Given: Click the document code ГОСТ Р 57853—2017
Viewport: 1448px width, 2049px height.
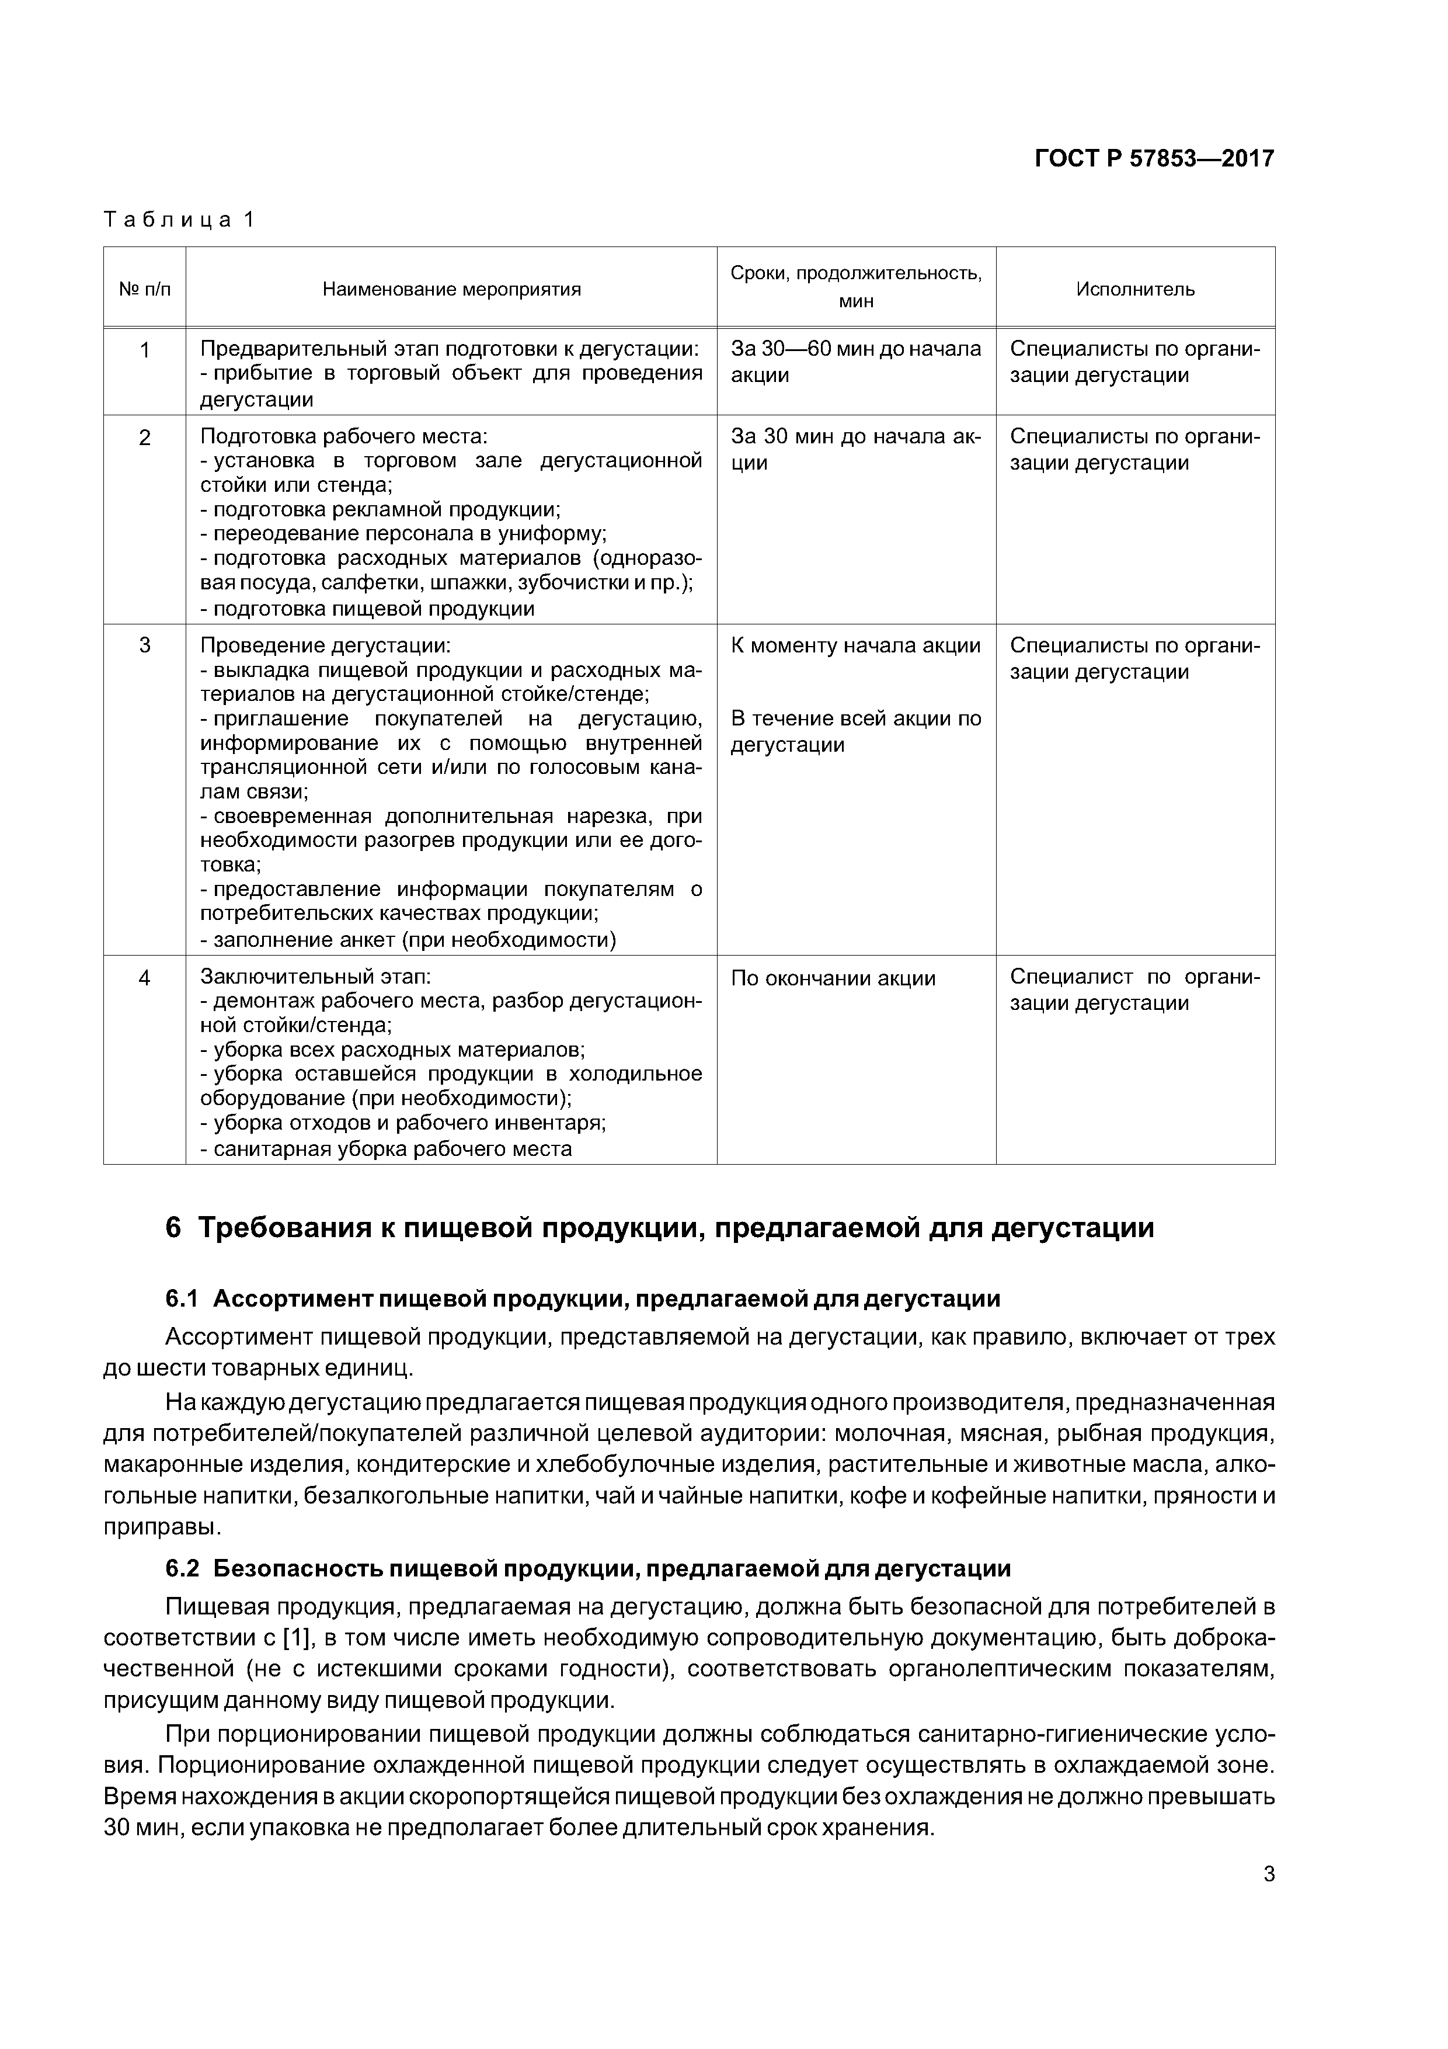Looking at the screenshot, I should (1154, 159).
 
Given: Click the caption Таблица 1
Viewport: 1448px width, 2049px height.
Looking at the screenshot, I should (179, 220).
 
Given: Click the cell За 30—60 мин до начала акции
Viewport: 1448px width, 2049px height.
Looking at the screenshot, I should (855, 362).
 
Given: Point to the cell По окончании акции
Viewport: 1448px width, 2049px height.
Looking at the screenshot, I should (833, 978).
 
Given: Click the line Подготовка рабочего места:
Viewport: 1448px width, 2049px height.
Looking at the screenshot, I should (343, 436).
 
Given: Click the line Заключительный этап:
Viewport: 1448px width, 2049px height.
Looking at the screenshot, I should (316, 977).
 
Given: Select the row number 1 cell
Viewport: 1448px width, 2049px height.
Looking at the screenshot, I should (145, 350).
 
